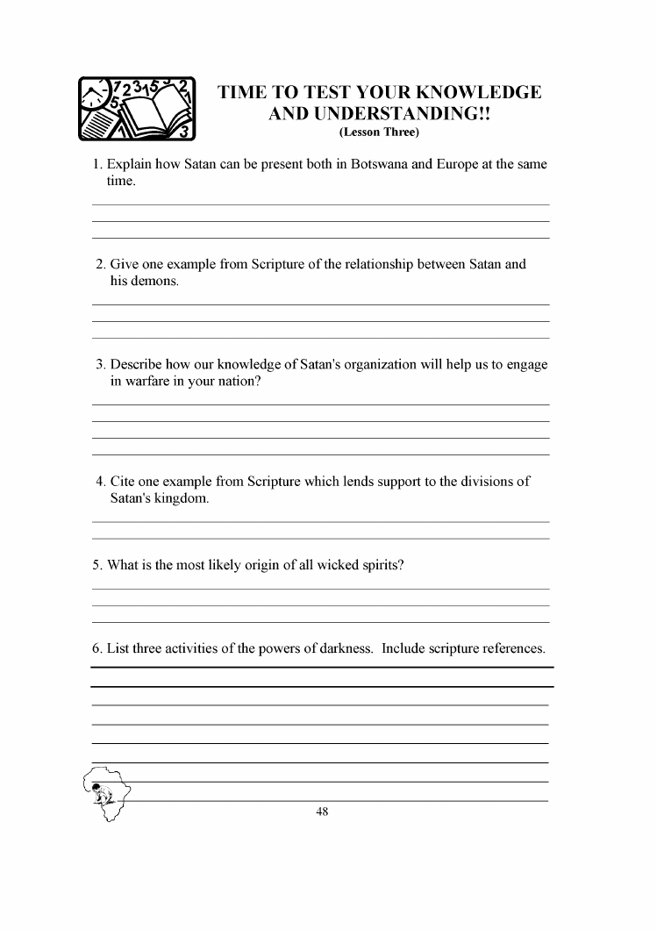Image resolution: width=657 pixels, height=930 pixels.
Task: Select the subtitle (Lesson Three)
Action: [x=379, y=132]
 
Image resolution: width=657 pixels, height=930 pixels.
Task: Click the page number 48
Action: [x=322, y=812]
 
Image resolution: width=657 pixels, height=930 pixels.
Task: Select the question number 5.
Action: [x=96, y=565]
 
